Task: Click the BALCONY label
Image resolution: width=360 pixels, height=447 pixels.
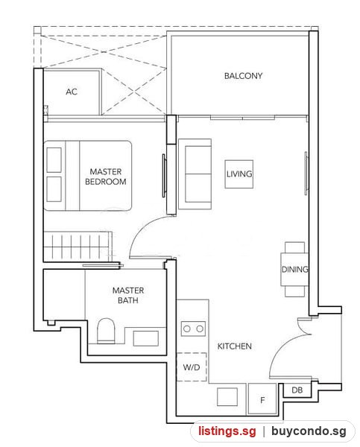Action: click(x=243, y=76)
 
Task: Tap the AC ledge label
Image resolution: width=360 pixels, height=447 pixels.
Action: click(x=72, y=92)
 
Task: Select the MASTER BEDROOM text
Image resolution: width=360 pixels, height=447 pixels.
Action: click(x=106, y=177)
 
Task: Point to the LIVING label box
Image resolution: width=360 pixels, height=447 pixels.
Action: click(x=239, y=174)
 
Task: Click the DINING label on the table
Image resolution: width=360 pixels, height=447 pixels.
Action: click(x=294, y=270)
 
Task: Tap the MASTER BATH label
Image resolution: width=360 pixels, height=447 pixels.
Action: click(x=128, y=295)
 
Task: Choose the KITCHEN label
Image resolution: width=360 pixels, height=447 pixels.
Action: click(x=235, y=346)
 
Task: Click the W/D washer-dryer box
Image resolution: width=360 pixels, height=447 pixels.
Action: click(x=192, y=367)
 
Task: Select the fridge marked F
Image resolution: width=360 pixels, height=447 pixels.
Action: click(x=262, y=399)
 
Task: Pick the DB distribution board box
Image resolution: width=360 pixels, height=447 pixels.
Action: click(x=297, y=390)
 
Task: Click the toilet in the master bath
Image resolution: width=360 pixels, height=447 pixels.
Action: click(x=106, y=331)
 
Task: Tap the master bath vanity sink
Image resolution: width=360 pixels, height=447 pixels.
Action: click(x=146, y=338)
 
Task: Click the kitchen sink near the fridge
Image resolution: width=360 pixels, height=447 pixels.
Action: click(x=227, y=396)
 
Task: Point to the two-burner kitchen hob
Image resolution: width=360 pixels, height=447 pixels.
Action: click(x=193, y=329)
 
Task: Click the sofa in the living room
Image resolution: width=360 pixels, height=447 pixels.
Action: click(x=195, y=174)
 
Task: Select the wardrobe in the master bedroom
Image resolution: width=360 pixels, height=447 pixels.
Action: click(x=78, y=246)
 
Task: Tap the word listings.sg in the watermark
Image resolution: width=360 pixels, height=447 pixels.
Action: click(x=227, y=431)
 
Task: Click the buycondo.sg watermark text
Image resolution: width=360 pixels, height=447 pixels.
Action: click(x=309, y=431)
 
